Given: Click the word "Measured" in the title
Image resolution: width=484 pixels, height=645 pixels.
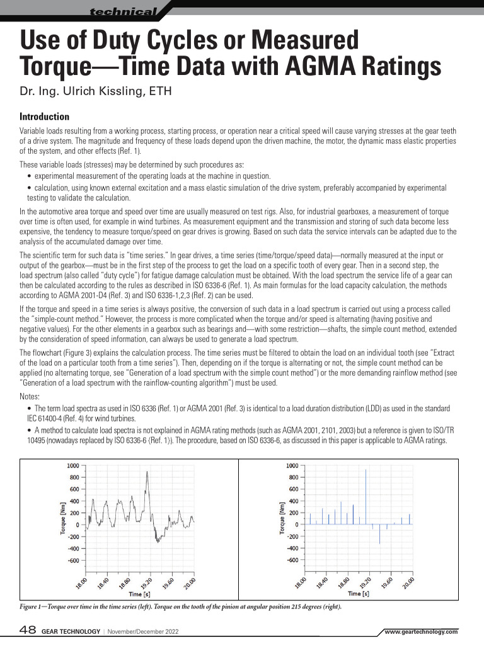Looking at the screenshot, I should click(305, 41).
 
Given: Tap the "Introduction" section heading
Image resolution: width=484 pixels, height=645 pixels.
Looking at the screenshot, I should click(45, 117).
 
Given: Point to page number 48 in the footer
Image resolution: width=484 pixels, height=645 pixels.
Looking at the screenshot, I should click(28, 631).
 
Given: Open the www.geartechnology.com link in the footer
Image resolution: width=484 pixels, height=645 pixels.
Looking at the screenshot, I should click(420, 632).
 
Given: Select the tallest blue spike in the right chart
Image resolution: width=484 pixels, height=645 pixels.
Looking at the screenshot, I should click(366, 470).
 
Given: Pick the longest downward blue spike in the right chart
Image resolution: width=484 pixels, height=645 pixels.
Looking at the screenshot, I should click(379, 542).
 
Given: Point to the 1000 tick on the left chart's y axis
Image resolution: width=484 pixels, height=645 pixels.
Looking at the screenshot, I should click(73, 465).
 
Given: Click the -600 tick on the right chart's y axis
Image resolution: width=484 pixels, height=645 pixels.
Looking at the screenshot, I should click(292, 560).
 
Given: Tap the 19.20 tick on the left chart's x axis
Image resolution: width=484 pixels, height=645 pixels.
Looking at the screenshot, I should click(146, 582).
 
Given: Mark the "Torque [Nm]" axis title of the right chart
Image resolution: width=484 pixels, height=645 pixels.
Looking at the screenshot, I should click(282, 518).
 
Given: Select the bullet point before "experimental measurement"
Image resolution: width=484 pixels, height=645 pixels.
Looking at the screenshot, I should click(30, 176).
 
